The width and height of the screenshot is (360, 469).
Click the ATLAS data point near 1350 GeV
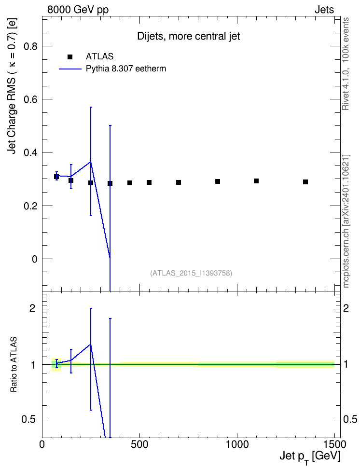[305, 182]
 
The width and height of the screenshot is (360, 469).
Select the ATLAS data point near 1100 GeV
[256, 181]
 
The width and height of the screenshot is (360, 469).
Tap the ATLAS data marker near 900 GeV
[218, 181]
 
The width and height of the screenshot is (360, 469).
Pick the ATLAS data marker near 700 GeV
[179, 182]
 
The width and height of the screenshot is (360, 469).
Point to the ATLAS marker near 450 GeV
[130, 183]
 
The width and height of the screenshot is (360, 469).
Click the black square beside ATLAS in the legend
[69, 57]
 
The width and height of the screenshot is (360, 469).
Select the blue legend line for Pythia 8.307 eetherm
[70, 69]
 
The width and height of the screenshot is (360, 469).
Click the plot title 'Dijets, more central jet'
[189, 36]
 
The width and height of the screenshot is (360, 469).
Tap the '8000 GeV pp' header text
[78, 10]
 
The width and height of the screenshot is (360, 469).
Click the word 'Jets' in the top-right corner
[324, 10]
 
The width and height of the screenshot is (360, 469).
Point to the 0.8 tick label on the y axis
[30, 46]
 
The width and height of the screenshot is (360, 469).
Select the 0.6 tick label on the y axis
[30, 99]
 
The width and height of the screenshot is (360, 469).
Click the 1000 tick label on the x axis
[237, 444]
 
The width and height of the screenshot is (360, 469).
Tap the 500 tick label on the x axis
[139, 444]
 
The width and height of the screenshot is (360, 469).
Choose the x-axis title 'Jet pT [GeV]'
[310, 457]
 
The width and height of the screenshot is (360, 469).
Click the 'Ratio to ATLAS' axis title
[14, 365]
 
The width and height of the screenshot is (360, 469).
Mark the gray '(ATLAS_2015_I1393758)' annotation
[191, 273]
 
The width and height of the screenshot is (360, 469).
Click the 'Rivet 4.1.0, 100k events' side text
[346, 64]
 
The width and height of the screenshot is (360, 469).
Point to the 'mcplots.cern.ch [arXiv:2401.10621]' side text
[346, 221]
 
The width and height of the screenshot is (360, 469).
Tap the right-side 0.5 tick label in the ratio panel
[350, 419]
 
